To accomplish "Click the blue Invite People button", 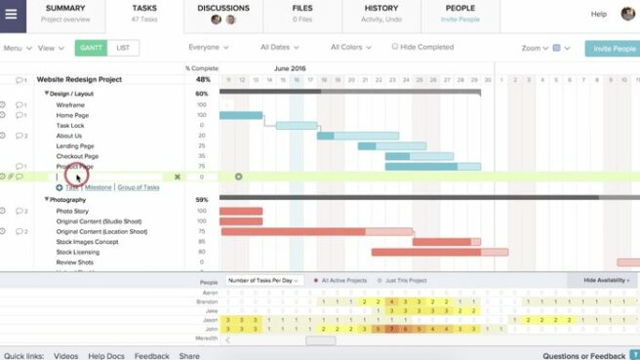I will (x=612, y=48).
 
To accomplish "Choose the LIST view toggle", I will (x=122, y=47).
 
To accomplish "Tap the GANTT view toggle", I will (x=91, y=47).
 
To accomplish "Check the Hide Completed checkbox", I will (x=395, y=47).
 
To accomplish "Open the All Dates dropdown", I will (x=279, y=47).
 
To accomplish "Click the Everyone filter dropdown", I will (x=208, y=47).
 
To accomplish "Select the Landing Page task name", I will (x=76, y=146).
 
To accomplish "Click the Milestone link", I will (x=98, y=187).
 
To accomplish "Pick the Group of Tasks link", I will (x=140, y=187).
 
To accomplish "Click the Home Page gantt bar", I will (x=241, y=115).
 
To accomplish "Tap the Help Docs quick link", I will (x=105, y=356).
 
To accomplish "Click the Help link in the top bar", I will (x=598, y=14).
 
